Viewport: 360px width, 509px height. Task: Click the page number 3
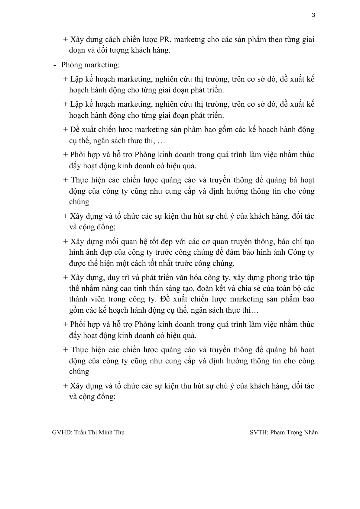tap(313, 15)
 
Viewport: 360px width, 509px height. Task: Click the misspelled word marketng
tap(190, 40)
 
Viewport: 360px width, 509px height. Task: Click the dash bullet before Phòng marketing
tap(54, 65)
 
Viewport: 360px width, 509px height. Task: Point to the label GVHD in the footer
tap(61, 432)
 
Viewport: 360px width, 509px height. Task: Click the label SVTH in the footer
tap(258, 432)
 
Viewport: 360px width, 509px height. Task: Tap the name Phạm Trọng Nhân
tap(294, 432)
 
